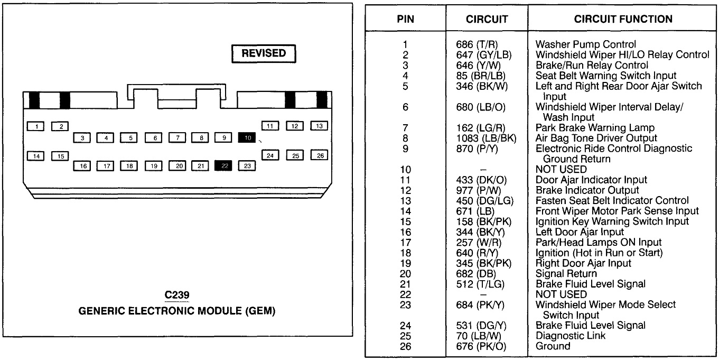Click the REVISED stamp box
[264, 53]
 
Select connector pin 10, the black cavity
[247, 137]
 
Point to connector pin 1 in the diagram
[36, 126]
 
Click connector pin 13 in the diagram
[319, 126]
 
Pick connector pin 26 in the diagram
[319, 155]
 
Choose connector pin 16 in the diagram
[82, 166]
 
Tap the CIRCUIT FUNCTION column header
[623, 19]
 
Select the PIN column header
[405, 19]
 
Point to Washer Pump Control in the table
[585, 44]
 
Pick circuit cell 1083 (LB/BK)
[484, 138]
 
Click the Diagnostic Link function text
[571, 336]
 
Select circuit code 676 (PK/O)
[483, 346]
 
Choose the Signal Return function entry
[566, 273]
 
